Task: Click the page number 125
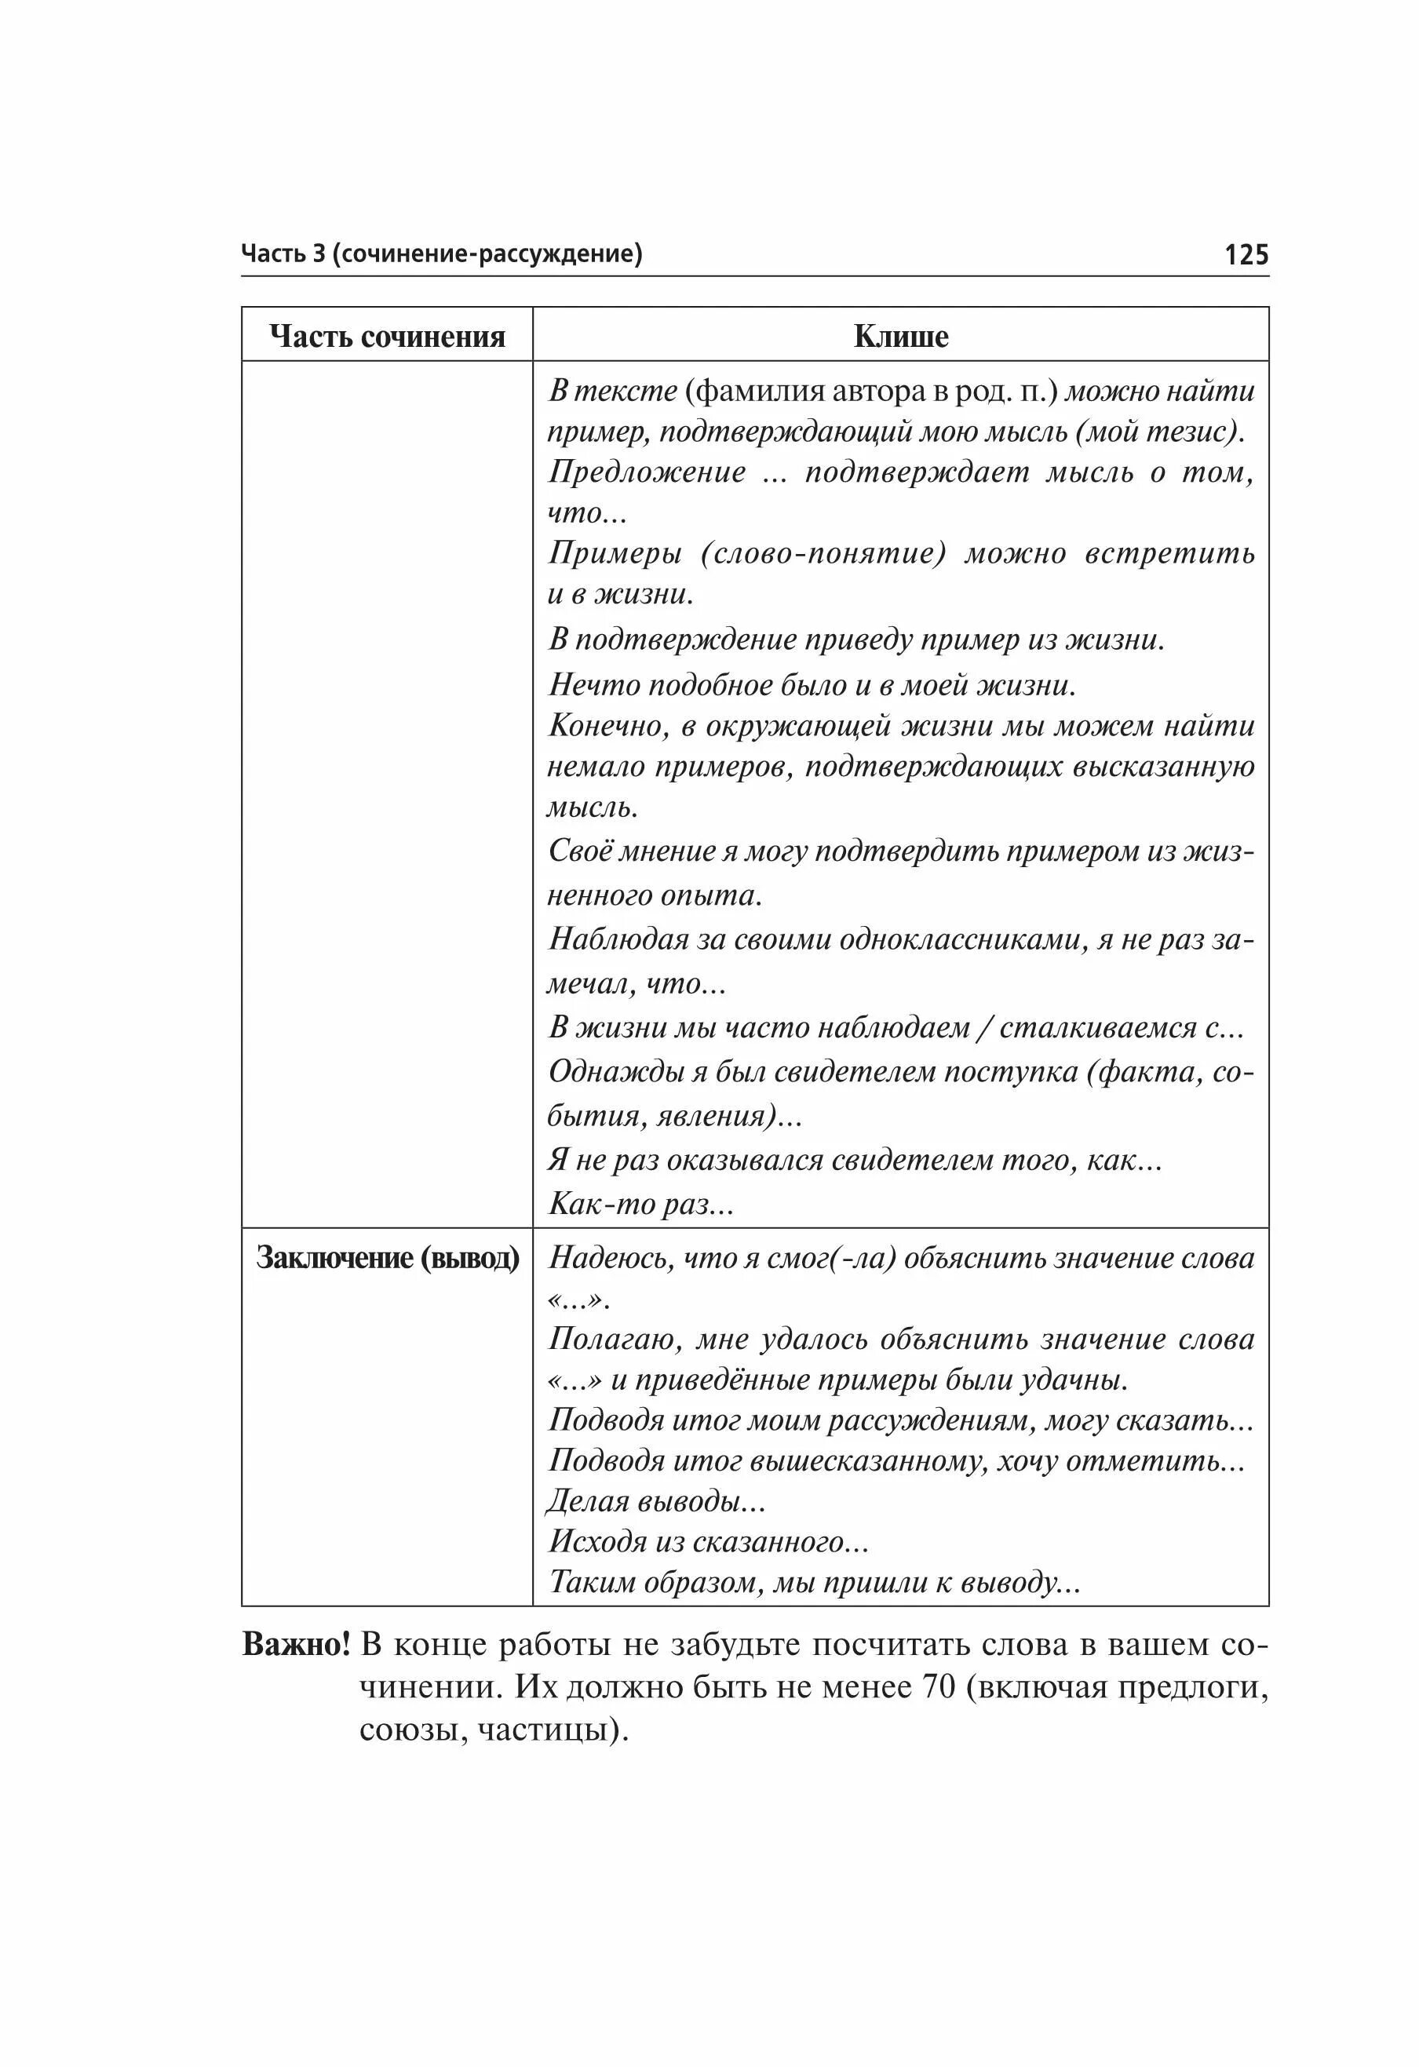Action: pos(1246,255)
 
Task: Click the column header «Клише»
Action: pos(900,336)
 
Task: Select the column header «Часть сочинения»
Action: pos(387,336)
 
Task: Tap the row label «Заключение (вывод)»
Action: pos(387,1258)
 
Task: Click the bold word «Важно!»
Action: pos(296,1645)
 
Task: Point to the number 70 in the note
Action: pos(938,1686)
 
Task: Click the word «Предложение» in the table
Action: pos(647,472)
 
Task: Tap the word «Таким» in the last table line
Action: pos(593,1582)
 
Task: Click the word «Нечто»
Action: pos(593,685)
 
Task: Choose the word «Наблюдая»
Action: pos(618,939)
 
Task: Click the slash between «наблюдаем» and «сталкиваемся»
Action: pos(983,1028)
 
